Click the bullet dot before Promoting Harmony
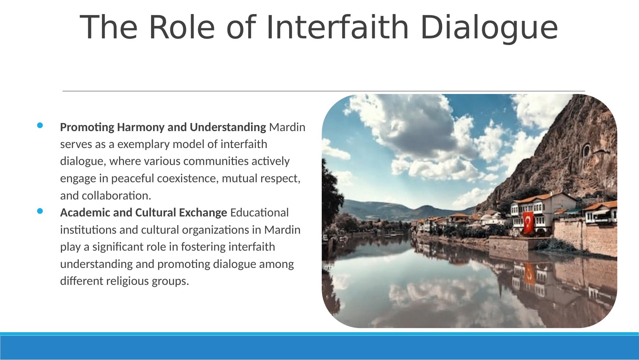[40, 126]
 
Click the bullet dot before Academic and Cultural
[40, 211]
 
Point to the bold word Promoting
[87, 128]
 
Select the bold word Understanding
[228, 128]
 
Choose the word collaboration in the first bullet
[116, 196]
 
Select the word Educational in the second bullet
[259, 213]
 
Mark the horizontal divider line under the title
[324, 91]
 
